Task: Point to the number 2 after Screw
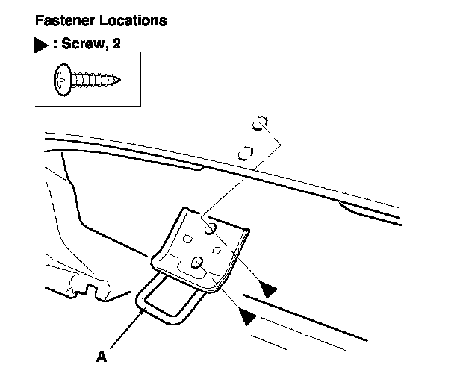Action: coord(116,45)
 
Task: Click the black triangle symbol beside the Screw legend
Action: coord(42,46)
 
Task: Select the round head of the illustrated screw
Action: coord(60,78)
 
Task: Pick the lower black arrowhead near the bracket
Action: coord(248,318)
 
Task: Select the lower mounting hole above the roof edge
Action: coord(243,154)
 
